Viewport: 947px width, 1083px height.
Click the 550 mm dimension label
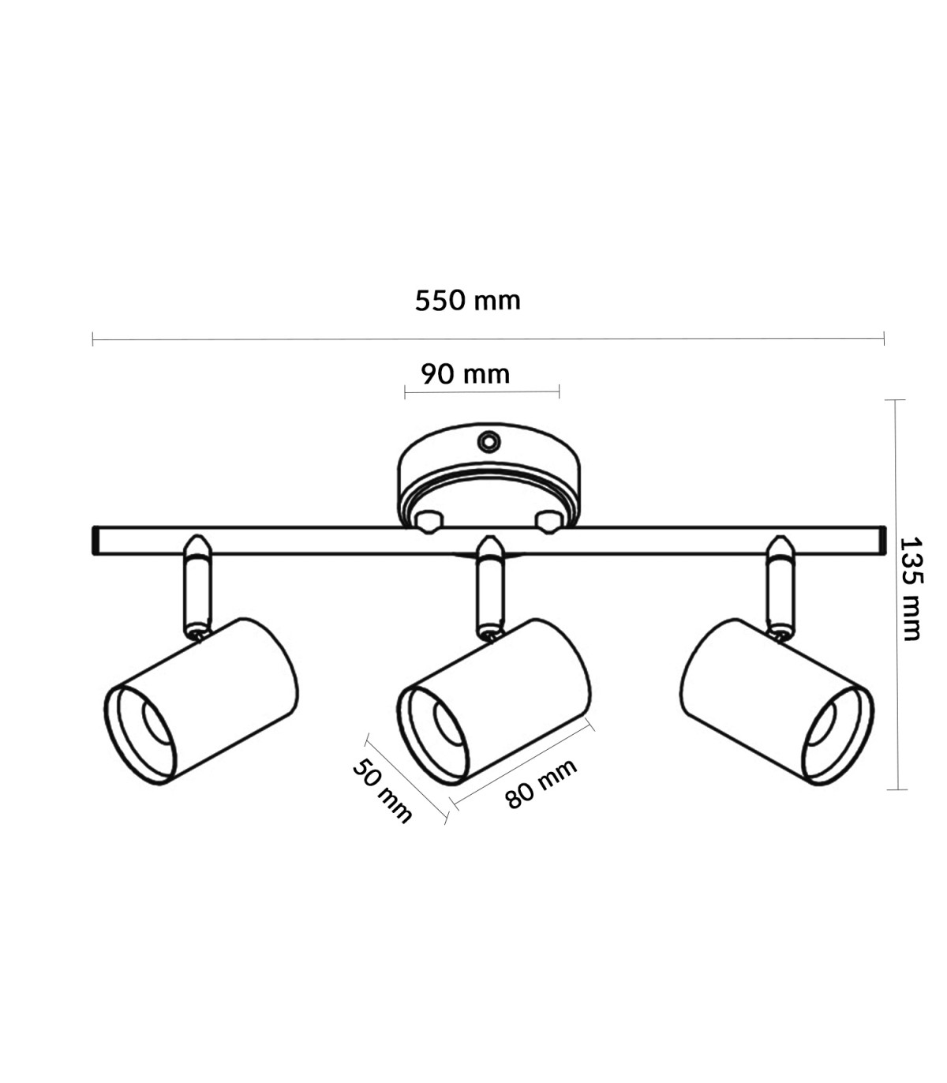coord(468,301)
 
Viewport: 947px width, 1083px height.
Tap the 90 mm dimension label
coord(466,374)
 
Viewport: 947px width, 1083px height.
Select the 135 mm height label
coord(911,589)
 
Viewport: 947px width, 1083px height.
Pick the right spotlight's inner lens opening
coord(821,724)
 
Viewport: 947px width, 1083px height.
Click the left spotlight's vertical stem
coord(198,587)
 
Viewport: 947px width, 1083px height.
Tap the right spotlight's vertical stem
coord(780,587)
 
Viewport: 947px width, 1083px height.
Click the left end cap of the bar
coord(95,541)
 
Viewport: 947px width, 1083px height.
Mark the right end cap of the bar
coord(882,541)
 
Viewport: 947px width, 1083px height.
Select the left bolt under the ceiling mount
coord(429,522)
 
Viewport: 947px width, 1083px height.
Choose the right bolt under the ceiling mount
coord(548,522)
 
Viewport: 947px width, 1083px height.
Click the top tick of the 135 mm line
coord(895,399)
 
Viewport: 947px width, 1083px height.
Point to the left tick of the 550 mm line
coord(92,339)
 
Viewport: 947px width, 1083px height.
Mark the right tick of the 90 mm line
coord(560,392)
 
